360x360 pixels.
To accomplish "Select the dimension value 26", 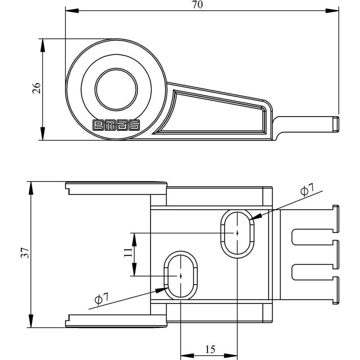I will (x=37, y=88).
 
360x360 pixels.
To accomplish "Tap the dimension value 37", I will (x=24, y=253).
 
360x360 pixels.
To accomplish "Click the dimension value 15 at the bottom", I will (x=210, y=348).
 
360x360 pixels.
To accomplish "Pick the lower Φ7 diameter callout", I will (x=101, y=298).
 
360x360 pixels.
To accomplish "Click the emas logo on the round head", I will (x=116, y=125).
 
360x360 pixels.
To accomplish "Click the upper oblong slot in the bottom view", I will (x=237, y=233).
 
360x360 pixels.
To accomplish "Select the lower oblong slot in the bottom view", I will (x=180, y=275).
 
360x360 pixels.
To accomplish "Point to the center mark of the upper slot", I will (x=237, y=233).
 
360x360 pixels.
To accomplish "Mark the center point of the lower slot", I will (x=180, y=276).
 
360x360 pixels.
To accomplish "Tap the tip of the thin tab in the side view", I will (x=337, y=123).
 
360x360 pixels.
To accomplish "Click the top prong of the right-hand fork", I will (x=317, y=218).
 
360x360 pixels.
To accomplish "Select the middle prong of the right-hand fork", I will (x=317, y=254).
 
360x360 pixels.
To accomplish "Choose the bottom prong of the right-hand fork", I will (x=317, y=290).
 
